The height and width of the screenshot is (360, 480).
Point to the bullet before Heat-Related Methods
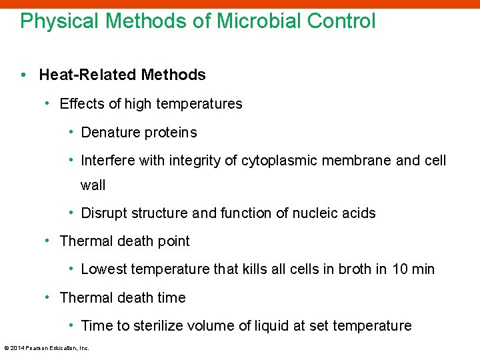(x=24, y=75)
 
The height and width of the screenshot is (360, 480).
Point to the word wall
(x=93, y=185)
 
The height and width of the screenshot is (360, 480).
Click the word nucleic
(x=315, y=213)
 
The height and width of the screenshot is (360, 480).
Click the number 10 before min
(x=399, y=269)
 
